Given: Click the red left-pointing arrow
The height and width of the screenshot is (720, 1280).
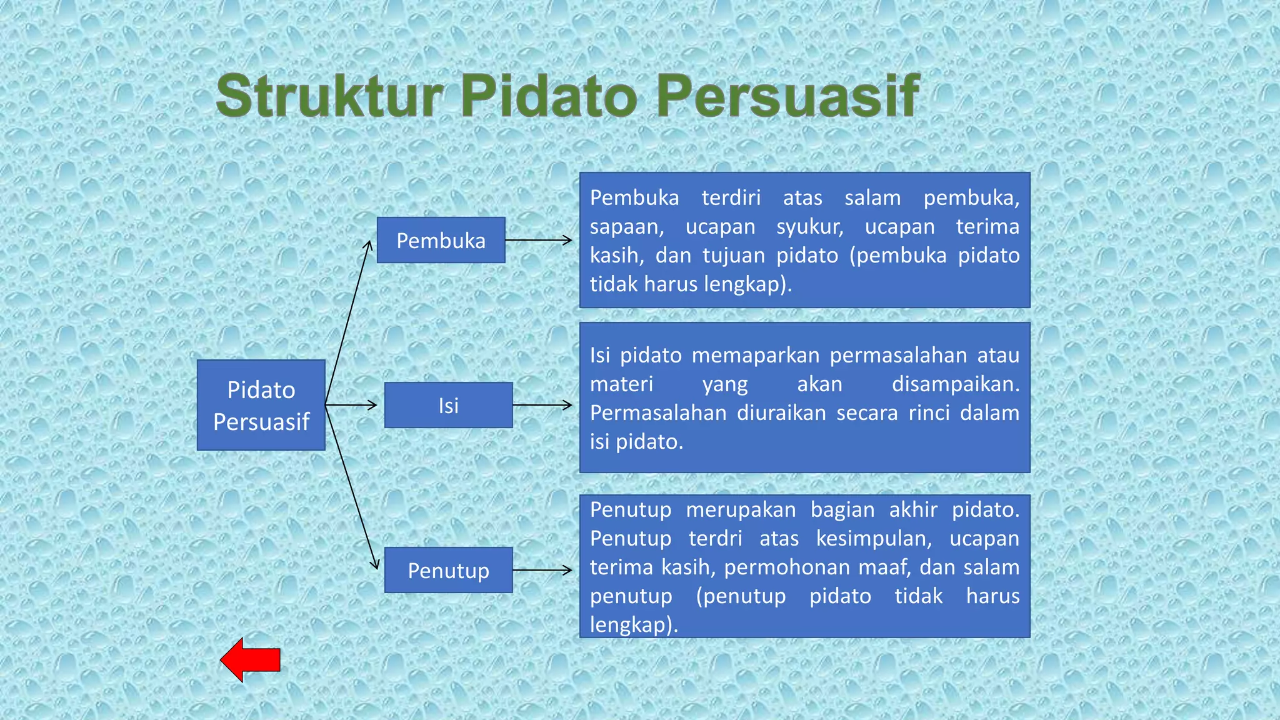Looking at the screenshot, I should (250, 660).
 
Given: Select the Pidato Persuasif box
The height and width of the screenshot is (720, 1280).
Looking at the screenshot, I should (261, 405).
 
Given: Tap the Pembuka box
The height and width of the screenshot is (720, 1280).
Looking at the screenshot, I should (441, 240).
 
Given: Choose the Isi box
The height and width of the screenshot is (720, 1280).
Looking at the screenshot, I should (448, 405).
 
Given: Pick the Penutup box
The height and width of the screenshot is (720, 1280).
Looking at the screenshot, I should (448, 570).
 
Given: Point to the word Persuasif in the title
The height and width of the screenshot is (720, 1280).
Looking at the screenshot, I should (787, 96).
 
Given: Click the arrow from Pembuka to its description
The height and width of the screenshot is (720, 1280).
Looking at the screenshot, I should (538, 240).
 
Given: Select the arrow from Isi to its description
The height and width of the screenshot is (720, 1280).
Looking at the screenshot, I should (542, 405).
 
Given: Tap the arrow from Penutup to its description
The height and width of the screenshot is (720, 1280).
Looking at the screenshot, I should (542, 570).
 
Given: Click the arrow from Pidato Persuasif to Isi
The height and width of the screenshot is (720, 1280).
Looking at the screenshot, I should (351, 405).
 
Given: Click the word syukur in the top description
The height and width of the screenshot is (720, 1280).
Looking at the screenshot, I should (809, 227).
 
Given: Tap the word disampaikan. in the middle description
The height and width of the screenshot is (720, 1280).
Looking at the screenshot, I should (955, 384).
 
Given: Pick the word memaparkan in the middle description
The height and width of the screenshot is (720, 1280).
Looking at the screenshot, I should (755, 355).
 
